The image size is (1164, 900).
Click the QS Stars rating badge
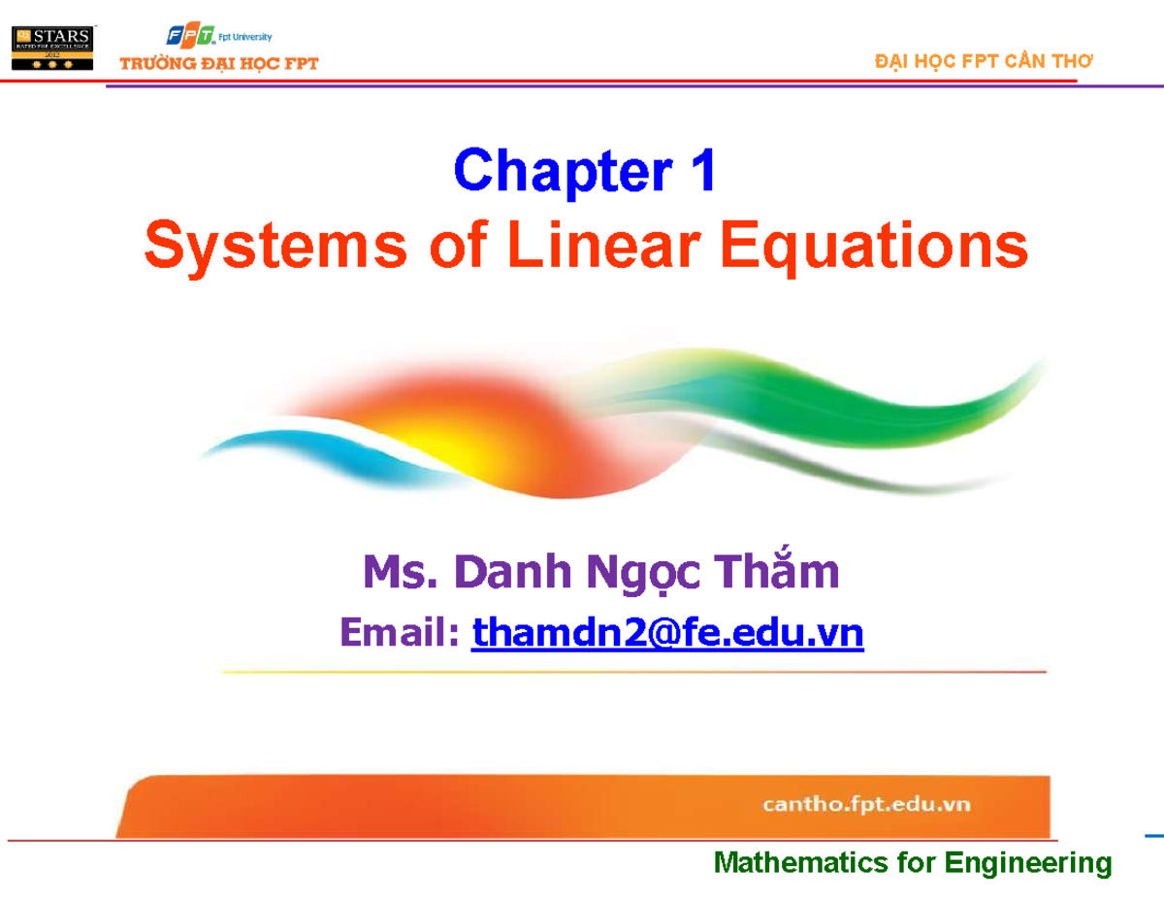pyautogui.click(x=52, y=46)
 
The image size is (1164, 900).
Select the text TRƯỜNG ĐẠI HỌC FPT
pyautogui.click(x=218, y=65)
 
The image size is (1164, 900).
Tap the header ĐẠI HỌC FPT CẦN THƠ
pyautogui.click(x=983, y=61)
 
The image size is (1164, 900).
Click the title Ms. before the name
pyautogui.click(x=398, y=573)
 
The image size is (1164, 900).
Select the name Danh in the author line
pyautogui.click(x=514, y=573)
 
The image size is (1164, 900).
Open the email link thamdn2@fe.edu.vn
pyautogui.click(x=666, y=634)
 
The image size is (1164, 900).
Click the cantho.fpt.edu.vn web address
pyautogui.click(x=865, y=805)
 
